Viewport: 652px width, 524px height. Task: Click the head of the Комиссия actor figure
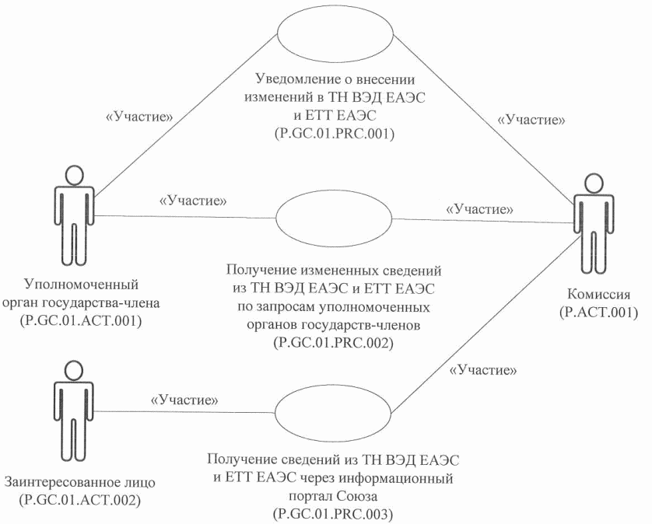click(x=593, y=183)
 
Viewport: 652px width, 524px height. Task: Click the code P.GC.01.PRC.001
click(x=335, y=134)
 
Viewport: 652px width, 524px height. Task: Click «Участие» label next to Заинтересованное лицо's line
click(x=184, y=400)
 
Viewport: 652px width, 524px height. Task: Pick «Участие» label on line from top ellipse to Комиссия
click(x=531, y=120)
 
